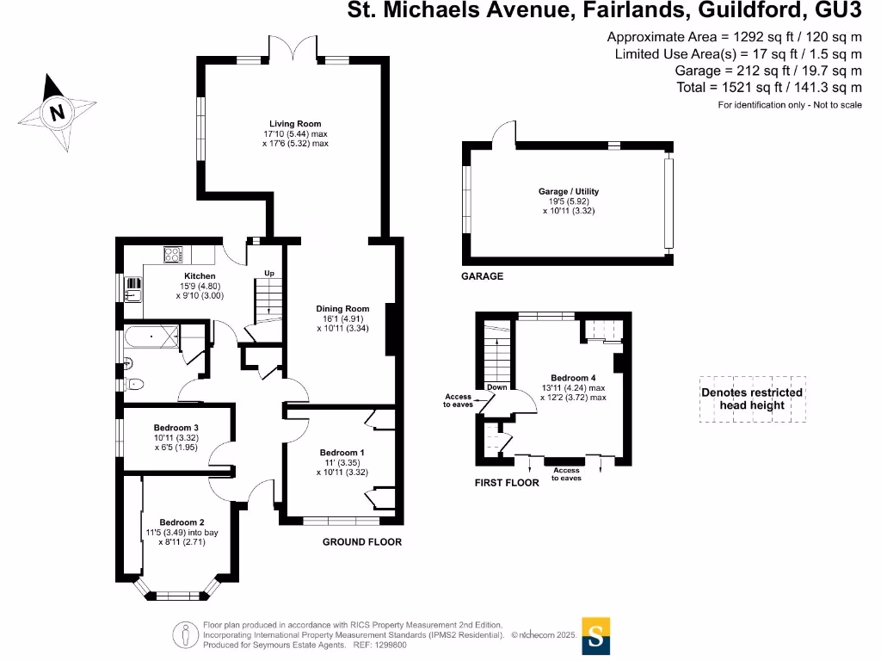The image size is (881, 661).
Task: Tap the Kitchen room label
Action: coord(199,276)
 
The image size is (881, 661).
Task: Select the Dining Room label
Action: coord(342,309)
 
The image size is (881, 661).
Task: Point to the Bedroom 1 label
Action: coord(342,453)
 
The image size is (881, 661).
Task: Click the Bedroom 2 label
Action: coord(182,522)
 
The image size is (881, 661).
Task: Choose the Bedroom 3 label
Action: coord(176,428)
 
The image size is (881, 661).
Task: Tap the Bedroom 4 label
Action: coord(573,378)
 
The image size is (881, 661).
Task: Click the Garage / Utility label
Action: coord(569,191)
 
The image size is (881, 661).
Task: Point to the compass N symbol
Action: coord(58,112)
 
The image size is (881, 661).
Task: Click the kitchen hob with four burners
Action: coord(173,255)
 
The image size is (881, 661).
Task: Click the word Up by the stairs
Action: coord(269,274)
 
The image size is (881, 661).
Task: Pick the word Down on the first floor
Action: coord(496,387)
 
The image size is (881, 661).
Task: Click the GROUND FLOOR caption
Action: coord(361,542)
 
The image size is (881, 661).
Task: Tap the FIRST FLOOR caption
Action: coord(507,483)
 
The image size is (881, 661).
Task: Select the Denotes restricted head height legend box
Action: coord(752,398)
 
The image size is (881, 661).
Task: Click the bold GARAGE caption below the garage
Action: coord(483,277)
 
